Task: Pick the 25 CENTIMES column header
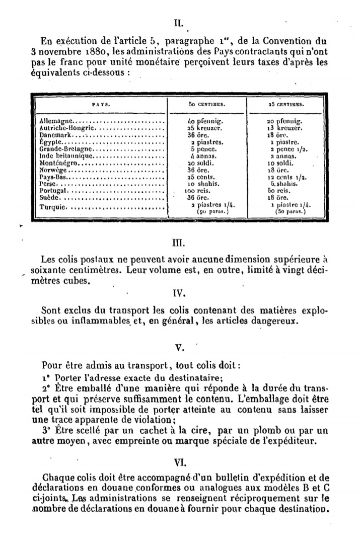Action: point(286,105)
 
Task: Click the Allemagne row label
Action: point(56,121)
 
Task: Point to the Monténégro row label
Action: point(58,164)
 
